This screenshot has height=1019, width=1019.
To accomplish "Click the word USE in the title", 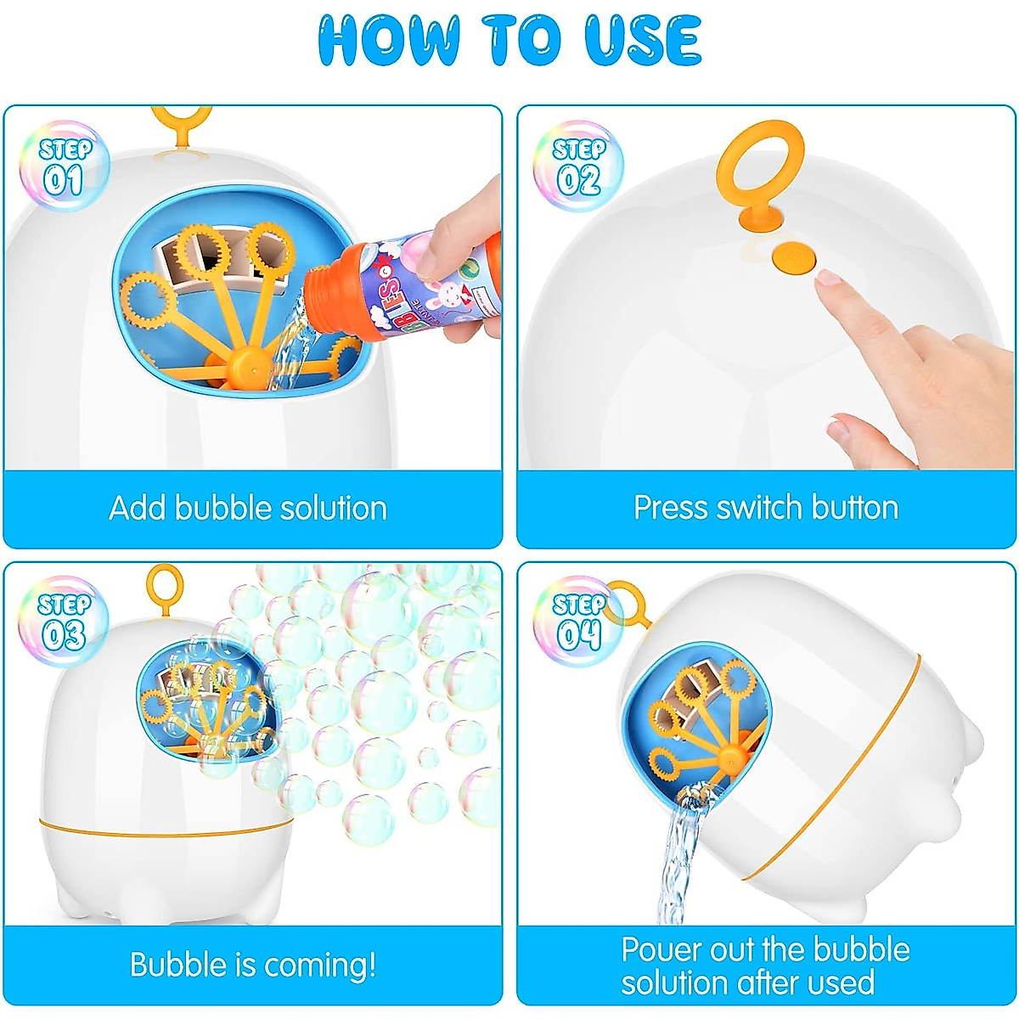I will (x=642, y=40).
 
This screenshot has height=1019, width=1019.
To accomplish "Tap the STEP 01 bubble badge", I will (x=64, y=166).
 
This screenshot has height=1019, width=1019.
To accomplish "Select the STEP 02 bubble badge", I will (x=578, y=166).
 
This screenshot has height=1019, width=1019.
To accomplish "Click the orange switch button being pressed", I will (x=791, y=254).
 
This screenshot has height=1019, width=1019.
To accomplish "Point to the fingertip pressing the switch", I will (x=829, y=279).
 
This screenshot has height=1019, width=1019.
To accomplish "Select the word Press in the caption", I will (x=671, y=508).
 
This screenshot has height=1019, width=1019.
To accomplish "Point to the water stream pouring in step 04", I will (x=679, y=858).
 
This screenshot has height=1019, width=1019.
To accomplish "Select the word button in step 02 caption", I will (x=854, y=508).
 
